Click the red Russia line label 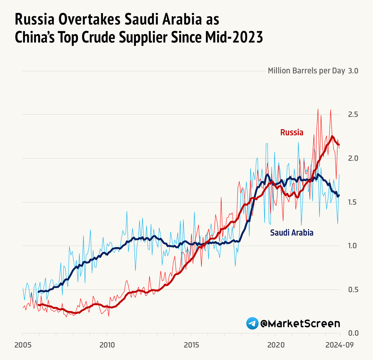click(292, 133)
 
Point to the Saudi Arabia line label click(292, 233)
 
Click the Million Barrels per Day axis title click(306, 71)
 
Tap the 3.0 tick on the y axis click(353, 71)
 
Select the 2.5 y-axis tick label click(353, 115)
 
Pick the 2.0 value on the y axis click(353, 158)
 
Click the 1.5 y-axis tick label click(353, 202)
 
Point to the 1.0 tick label click(353, 246)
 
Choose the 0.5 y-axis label click(353, 290)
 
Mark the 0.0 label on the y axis click(353, 333)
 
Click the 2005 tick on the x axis click(23, 345)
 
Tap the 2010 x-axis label click(107, 345)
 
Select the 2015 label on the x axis click(191, 345)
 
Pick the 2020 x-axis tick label click(276, 345)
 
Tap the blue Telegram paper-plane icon click(252, 324)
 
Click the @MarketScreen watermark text click(300, 324)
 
